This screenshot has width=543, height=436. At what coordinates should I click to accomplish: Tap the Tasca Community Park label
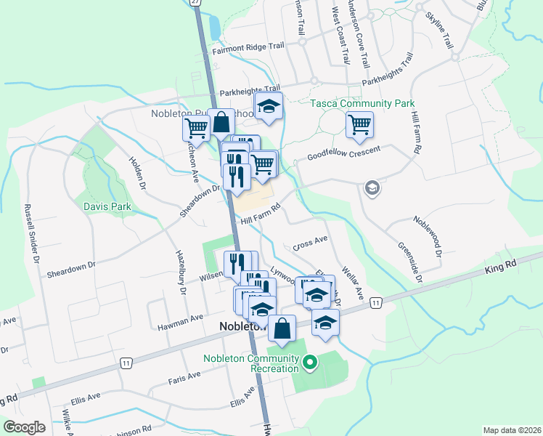point(362,104)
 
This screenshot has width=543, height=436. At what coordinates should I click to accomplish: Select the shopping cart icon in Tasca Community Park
point(360,125)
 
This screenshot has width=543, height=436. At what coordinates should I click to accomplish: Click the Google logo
point(25,427)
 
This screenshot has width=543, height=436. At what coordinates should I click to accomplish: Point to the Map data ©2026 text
point(512,430)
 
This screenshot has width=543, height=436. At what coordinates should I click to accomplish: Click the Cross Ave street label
point(311,243)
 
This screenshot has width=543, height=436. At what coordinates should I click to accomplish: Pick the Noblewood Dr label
point(428,235)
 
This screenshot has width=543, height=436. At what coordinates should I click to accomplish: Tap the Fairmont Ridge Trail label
point(248,47)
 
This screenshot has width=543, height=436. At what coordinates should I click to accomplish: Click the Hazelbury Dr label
point(180,272)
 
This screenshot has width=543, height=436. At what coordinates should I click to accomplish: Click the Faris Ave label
point(184,376)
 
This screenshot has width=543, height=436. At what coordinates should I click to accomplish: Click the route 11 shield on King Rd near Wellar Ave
point(375,302)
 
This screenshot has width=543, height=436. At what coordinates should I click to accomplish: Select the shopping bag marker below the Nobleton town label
point(282,328)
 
